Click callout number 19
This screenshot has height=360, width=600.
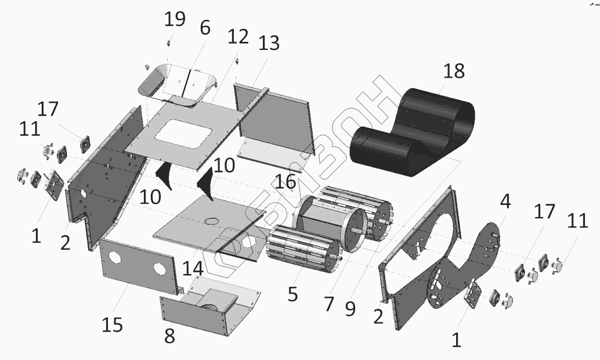click(x=175, y=20)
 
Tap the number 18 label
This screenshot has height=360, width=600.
click(x=454, y=71)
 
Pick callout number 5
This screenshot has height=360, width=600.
click(x=292, y=293)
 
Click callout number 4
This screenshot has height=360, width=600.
click(x=505, y=202)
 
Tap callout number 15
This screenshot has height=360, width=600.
click(x=113, y=325)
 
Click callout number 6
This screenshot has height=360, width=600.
click(x=205, y=28)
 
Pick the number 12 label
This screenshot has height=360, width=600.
click(x=237, y=38)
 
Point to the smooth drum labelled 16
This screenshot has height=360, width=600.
click(x=325, y=224)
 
